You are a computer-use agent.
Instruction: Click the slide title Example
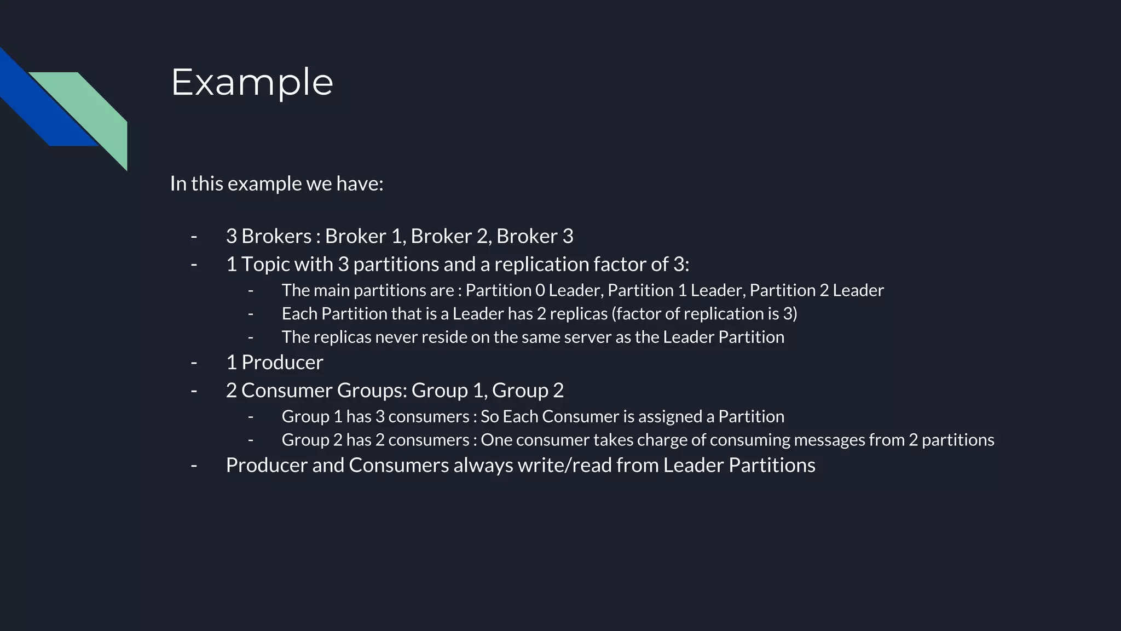click(x=252, y=82)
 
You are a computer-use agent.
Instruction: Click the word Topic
click(x=265, y=265)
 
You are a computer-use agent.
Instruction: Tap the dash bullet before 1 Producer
click(x=194, y=363)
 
